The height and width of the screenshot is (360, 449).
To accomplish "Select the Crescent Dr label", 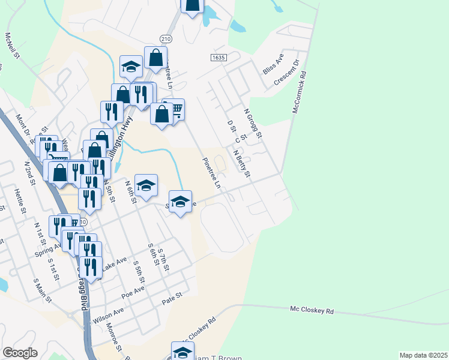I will [x=286, y=73].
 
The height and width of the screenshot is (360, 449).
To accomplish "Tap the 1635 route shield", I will [x=218, y=57].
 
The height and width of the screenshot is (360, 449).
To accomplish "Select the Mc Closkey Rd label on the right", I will [x=311, y=310].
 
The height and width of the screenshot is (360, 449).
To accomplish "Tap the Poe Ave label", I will [x=133, y=291].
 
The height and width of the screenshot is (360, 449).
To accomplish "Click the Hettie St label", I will [x=19, y=200].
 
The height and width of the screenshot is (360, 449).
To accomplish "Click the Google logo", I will [x=20, y=353].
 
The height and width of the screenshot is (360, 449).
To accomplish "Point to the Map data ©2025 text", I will [x=423, y=355].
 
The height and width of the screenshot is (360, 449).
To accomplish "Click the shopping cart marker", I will [x=174, y=109].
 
